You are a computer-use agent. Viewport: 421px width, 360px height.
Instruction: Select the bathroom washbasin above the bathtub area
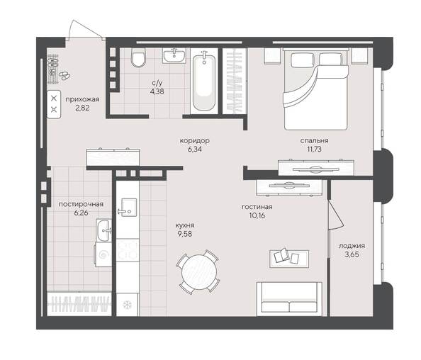click(x=173, y=55)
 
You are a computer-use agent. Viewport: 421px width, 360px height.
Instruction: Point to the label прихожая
click(x=82, y=100)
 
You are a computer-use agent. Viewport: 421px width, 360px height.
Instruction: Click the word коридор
click(x=194, y=140)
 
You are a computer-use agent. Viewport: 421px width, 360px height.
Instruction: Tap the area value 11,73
click(x=312, y=149)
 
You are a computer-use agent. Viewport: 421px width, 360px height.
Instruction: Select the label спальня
click(x=312, y=140)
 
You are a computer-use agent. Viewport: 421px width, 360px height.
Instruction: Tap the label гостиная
click(x=257, y=206)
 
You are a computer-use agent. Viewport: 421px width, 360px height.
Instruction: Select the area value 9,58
click(x=186, y=233)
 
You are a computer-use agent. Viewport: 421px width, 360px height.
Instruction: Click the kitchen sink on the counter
click(x=128, y=207)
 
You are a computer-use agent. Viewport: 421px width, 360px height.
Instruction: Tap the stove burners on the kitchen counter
click(x=128, y=249)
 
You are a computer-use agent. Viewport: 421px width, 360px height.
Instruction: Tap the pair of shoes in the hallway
click(x=64, y=74)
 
